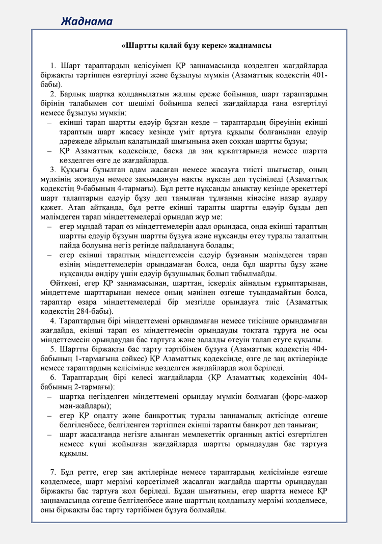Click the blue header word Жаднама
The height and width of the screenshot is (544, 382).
click(x=87, y=21)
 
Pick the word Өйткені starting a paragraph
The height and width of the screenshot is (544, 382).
click(x=64, y=283)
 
